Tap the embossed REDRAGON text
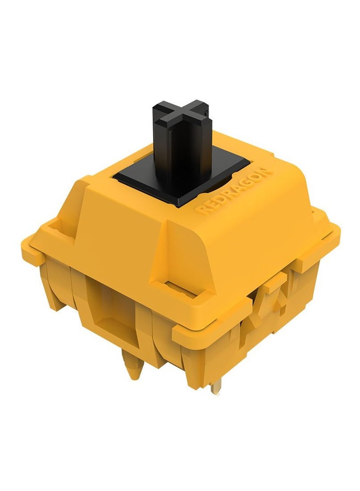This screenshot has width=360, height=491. [232, 192]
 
